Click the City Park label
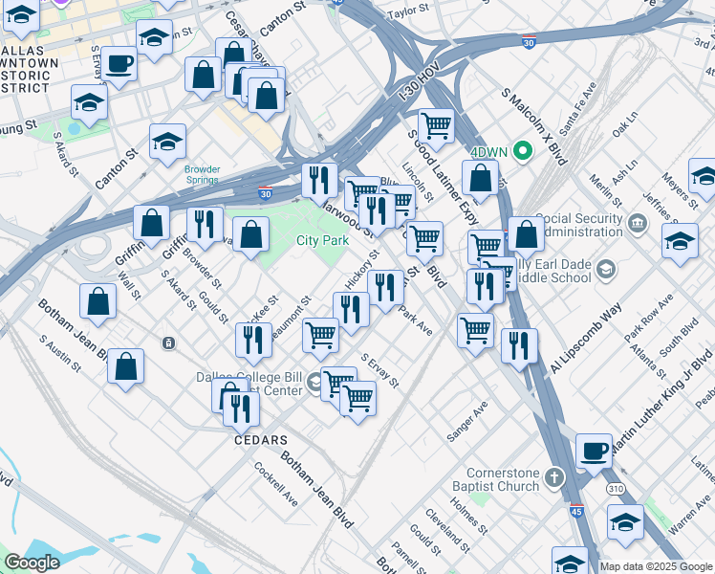coord(322,241)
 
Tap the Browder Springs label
coord(203,175)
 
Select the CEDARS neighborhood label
coord(261,440)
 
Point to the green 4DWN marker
coord(522,150)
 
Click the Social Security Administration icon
coord(639,224)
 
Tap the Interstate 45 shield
coord(576,512)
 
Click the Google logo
coord(31,563)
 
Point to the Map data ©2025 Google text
coord(656,566)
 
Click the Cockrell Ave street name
coord(276,484)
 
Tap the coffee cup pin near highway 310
coord(594,452)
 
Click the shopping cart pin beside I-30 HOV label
coord(436,125)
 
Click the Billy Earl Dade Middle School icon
coord(604,271)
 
